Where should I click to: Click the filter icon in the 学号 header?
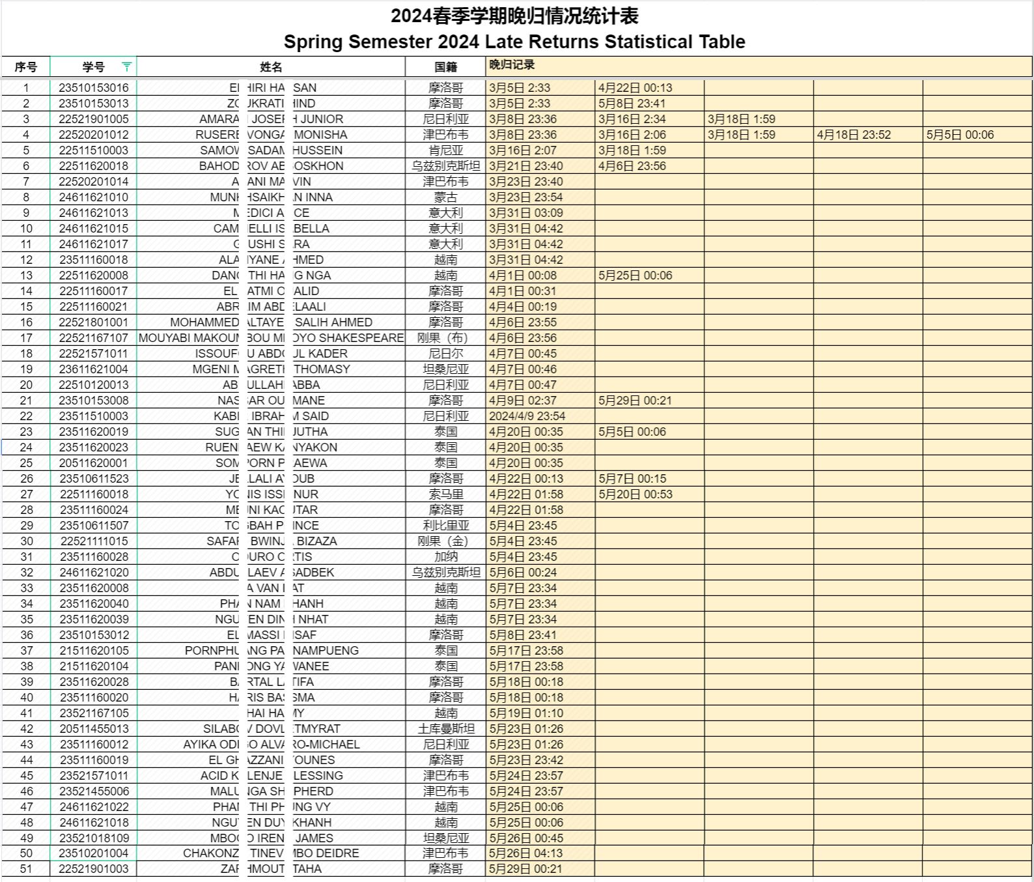coord(126,66)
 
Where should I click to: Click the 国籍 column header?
coord(445,67)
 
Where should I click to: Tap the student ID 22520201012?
coord(94,135)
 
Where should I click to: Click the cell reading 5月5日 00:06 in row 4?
coord(960,135)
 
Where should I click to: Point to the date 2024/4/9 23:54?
coord(527,416)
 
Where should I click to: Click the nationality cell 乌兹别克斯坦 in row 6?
coord(445,166)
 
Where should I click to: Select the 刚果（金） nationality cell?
coord(445,541)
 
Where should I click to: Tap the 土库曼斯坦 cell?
coord(445,729)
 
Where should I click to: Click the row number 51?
coord(26,869)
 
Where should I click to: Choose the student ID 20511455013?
coord(94,729)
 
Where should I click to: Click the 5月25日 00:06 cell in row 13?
coord(635,276)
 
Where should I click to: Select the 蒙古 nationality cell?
coord(445,197)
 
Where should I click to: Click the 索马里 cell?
coord(445,494)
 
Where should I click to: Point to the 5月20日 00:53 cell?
coord(635,494)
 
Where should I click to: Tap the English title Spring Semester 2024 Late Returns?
coord(514,42)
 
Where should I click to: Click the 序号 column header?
coord(26,67)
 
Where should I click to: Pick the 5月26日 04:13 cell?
coord(525,853)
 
